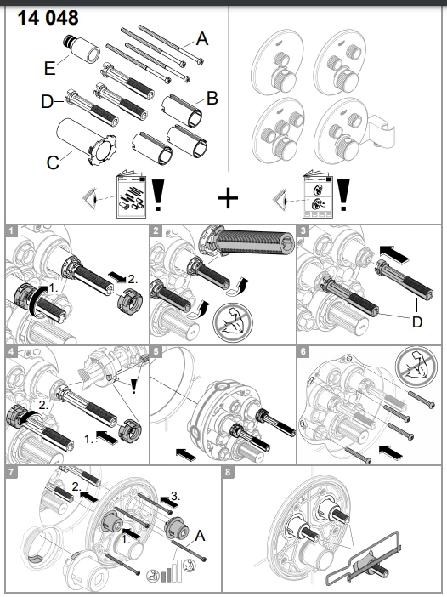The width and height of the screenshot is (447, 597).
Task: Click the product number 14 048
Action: (48, 18)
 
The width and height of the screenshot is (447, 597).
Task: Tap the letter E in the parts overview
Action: (50, 69)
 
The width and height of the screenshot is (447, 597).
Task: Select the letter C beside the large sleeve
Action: (53, 163)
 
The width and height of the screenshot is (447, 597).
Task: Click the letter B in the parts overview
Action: (212, 99)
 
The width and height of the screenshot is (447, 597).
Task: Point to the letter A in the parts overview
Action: (202, 39)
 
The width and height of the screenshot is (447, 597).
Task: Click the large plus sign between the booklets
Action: (228, 198)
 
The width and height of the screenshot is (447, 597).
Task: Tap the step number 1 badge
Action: (11, 230)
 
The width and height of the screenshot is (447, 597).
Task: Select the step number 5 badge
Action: (156, 351)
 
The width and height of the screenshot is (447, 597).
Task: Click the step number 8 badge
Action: (228, 472)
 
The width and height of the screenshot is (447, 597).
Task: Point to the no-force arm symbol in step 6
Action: (415, 367)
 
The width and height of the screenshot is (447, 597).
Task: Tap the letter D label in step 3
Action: (417, 322)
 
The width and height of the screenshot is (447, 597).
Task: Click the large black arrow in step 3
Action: (394, 254)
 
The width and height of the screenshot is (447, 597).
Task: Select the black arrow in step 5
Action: (185, 453)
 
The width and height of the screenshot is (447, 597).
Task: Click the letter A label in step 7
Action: (200, 536)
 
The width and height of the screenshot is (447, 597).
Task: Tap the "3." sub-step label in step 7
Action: (175, 496)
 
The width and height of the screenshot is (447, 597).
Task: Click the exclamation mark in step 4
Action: (133, 386)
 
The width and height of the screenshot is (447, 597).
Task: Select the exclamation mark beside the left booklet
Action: (158, 195)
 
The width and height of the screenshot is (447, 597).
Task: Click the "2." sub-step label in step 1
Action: (132, 279)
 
